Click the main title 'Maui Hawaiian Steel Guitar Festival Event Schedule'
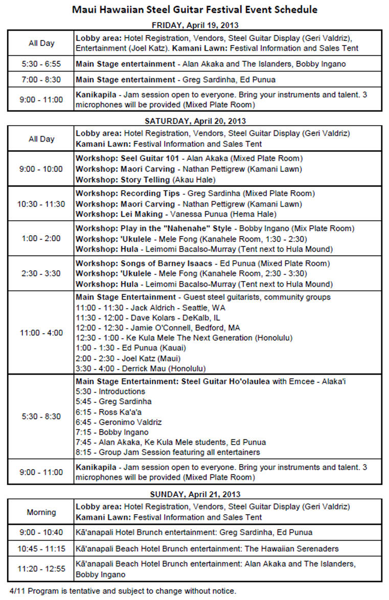tap(194, 10)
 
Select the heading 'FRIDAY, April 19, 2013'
tap(194, 25)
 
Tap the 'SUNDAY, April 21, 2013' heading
tap(194, 494)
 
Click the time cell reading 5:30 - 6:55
tap(41, 64)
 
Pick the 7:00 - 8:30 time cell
tap(41, 80)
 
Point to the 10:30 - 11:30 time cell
tap(41, 203)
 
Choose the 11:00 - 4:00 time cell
tap(41, 333)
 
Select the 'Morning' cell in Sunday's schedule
tap(41, 512)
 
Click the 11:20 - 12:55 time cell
tap(41, 569)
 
